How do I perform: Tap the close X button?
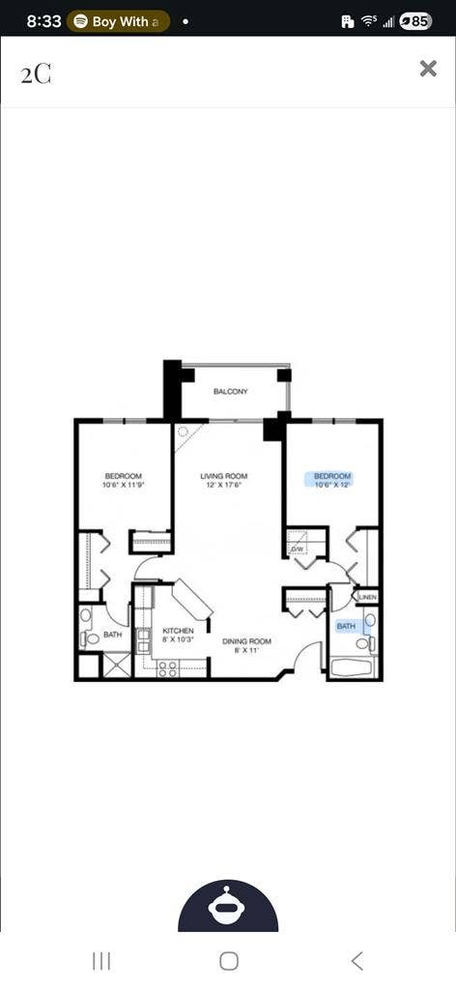point(428,68)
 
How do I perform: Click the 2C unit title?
point(36,74)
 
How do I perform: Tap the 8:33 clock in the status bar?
point(44,20)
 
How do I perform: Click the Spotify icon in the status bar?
point(81,20)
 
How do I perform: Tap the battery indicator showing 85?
point(415,20)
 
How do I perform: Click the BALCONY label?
point(231,391)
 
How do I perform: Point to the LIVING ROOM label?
point(224,476)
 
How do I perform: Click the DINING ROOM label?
point(246,641)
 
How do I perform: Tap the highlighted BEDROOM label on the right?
point(332,476)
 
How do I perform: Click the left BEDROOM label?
point(124,476)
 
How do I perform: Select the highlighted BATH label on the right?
point(346,626)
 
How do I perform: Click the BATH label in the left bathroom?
point(113,635)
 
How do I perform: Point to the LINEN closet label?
point(367,598)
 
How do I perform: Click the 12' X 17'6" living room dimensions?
point(224,486)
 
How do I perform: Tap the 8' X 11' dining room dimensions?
point(246,650)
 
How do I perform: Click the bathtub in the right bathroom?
point(353,667)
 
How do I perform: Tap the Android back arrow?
point(357,960)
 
